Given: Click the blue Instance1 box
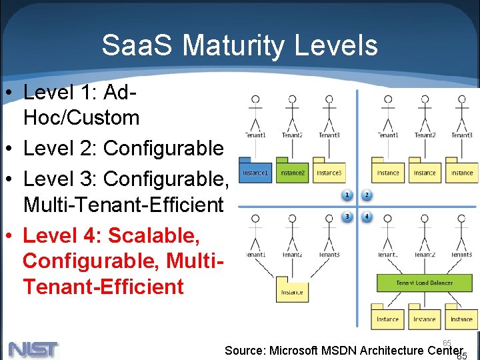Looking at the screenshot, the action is coord(255,173).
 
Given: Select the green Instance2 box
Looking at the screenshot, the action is coord(292,173).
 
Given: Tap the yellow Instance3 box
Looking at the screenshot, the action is coord(329,173).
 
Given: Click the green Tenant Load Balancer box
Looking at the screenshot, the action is coord(424,283).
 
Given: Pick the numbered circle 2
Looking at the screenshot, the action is coord(366,195).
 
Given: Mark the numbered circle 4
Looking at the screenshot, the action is coord(366,216).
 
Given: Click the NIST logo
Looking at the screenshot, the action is coord(33,349).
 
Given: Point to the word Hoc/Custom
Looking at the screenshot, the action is coord(81,118).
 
